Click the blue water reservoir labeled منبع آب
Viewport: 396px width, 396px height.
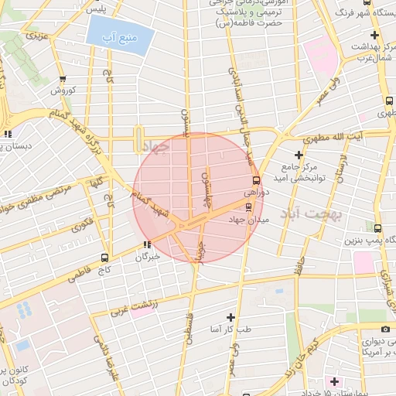coord(116,36)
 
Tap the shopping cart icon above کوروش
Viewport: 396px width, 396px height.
coord(63,78)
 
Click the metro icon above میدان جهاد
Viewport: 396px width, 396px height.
coord(248,207)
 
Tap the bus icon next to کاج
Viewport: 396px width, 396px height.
coord(104,258)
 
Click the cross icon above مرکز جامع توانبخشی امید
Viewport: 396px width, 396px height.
coord(299,155)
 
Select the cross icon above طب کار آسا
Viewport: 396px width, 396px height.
coord(230,317)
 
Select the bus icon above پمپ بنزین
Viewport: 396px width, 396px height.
coord(377,229)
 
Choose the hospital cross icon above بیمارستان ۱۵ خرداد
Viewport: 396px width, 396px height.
coord(333,382)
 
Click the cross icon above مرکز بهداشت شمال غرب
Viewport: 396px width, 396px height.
coord(375,36)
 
